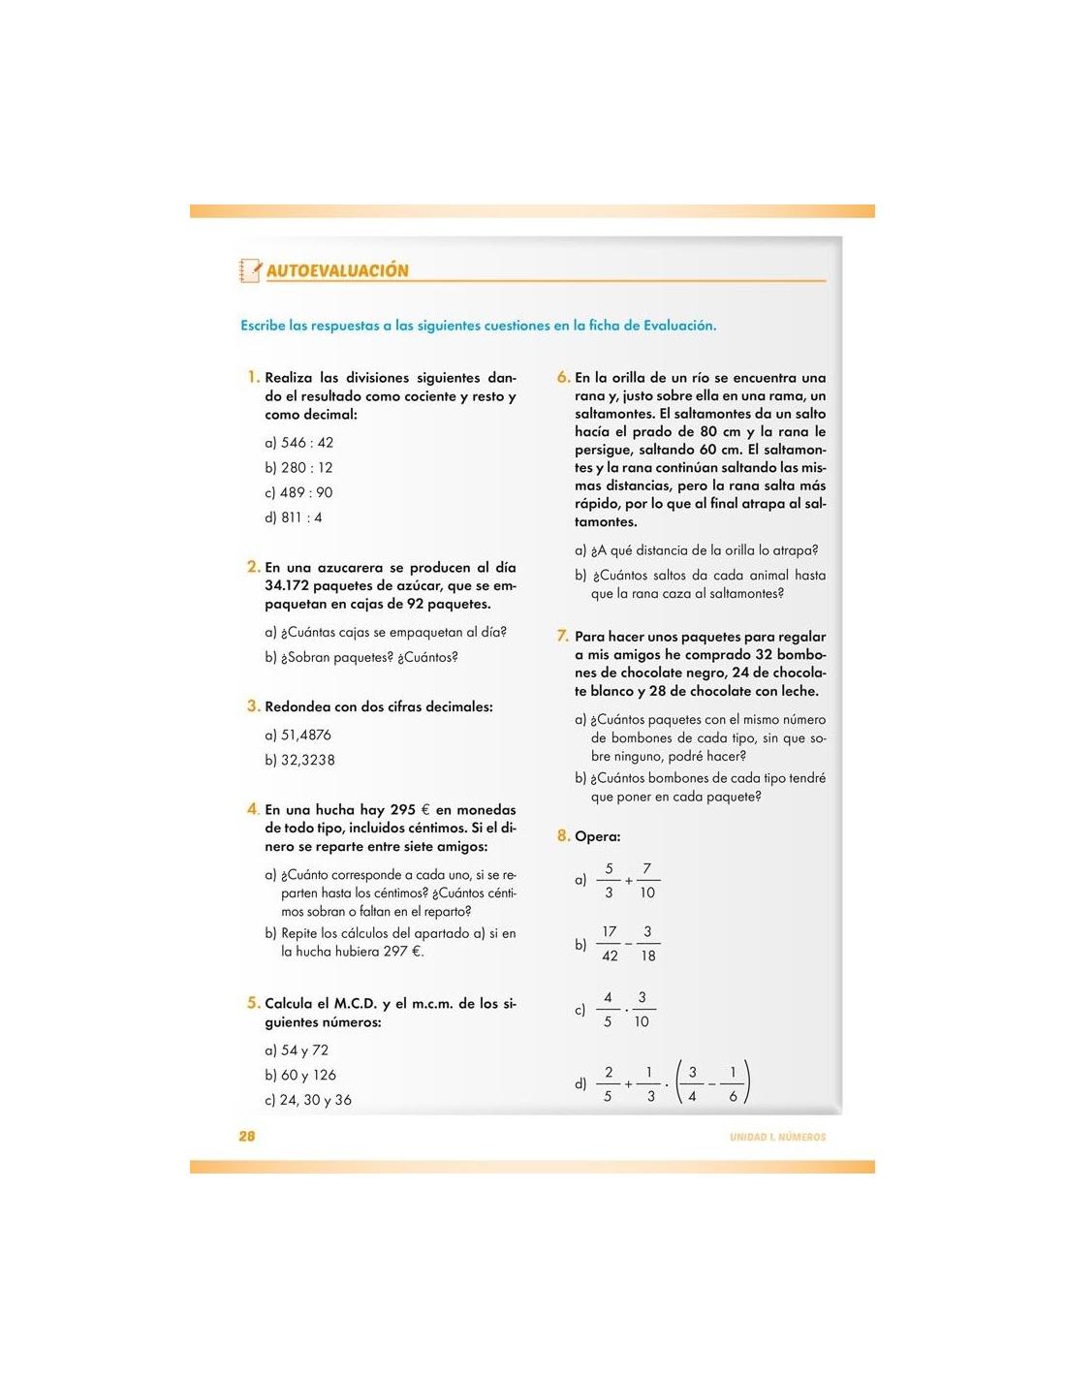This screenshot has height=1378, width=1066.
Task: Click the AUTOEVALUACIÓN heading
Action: tap(337, 271)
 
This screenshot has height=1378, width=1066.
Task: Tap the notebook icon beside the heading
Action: tap(250, 270)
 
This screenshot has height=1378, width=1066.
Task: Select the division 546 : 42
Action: tap(306, 443)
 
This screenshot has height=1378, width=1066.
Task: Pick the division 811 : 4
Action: tap(301, 517)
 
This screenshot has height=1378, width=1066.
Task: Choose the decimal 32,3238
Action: tap(307, 761)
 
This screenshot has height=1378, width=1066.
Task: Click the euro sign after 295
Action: tap(425, 810)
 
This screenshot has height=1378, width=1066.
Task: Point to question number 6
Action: tap(563, 377)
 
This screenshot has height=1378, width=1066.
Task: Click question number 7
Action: tap(563, 637)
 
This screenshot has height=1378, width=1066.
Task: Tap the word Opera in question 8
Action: tap(597, 836)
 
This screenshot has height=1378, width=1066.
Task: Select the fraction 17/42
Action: tap(609, 944)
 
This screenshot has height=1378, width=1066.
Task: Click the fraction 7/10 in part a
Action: tap(647, 881)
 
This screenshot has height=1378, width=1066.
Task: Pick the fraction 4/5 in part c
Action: tap(608, 1010)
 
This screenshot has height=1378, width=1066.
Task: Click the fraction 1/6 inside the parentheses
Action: tap(733, 1084)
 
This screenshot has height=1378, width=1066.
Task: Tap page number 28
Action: tap(247, 1136)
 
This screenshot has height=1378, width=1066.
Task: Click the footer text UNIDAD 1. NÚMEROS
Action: tap(777, 1137)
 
